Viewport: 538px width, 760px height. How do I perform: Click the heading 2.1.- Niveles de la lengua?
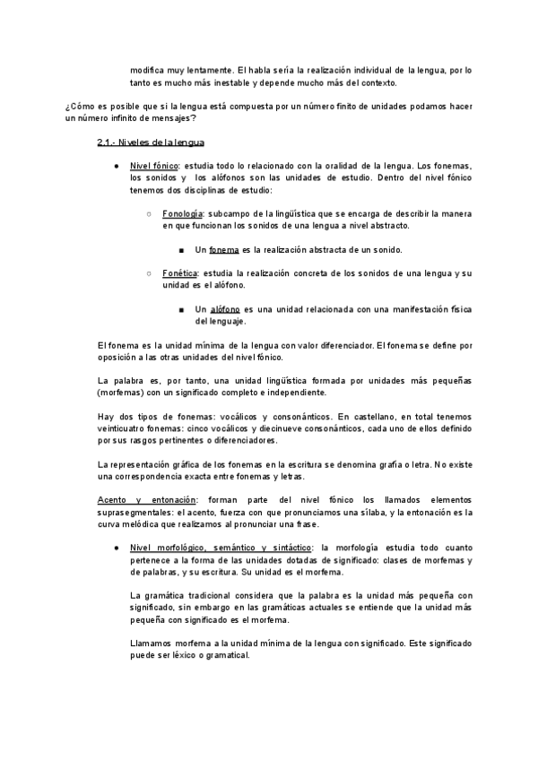[151, 142]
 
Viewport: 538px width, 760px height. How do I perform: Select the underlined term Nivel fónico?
[154, 167]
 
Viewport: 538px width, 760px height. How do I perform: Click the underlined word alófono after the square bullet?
[225, 309]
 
